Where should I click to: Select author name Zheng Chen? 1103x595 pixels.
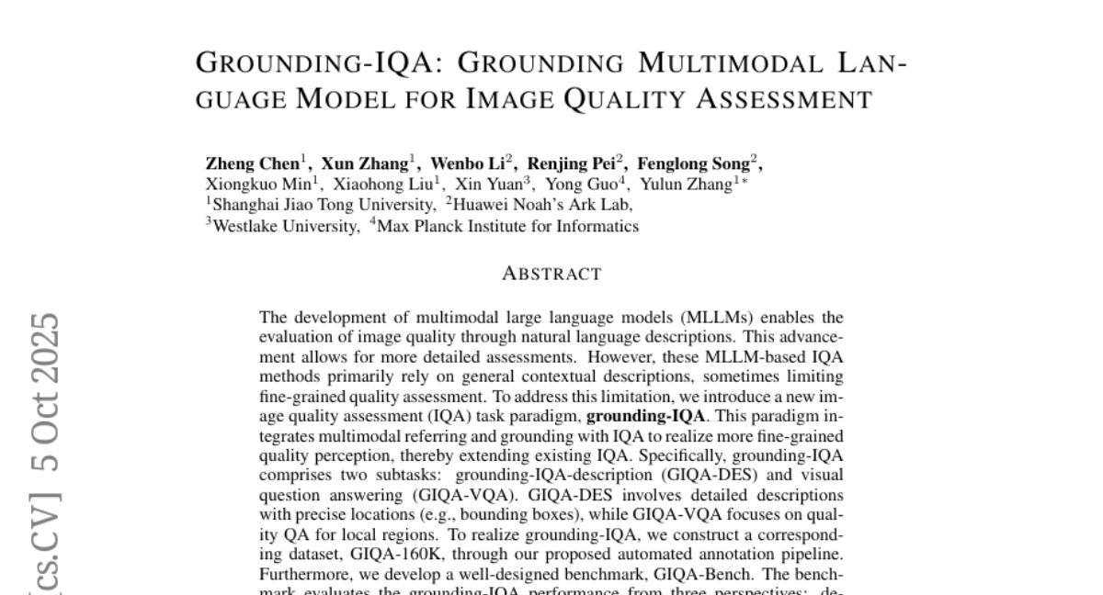point(251,164)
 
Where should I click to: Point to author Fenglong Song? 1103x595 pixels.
point(698,164)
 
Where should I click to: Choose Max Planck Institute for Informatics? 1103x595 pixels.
point(507,225)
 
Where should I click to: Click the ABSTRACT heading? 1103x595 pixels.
point(551,274)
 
